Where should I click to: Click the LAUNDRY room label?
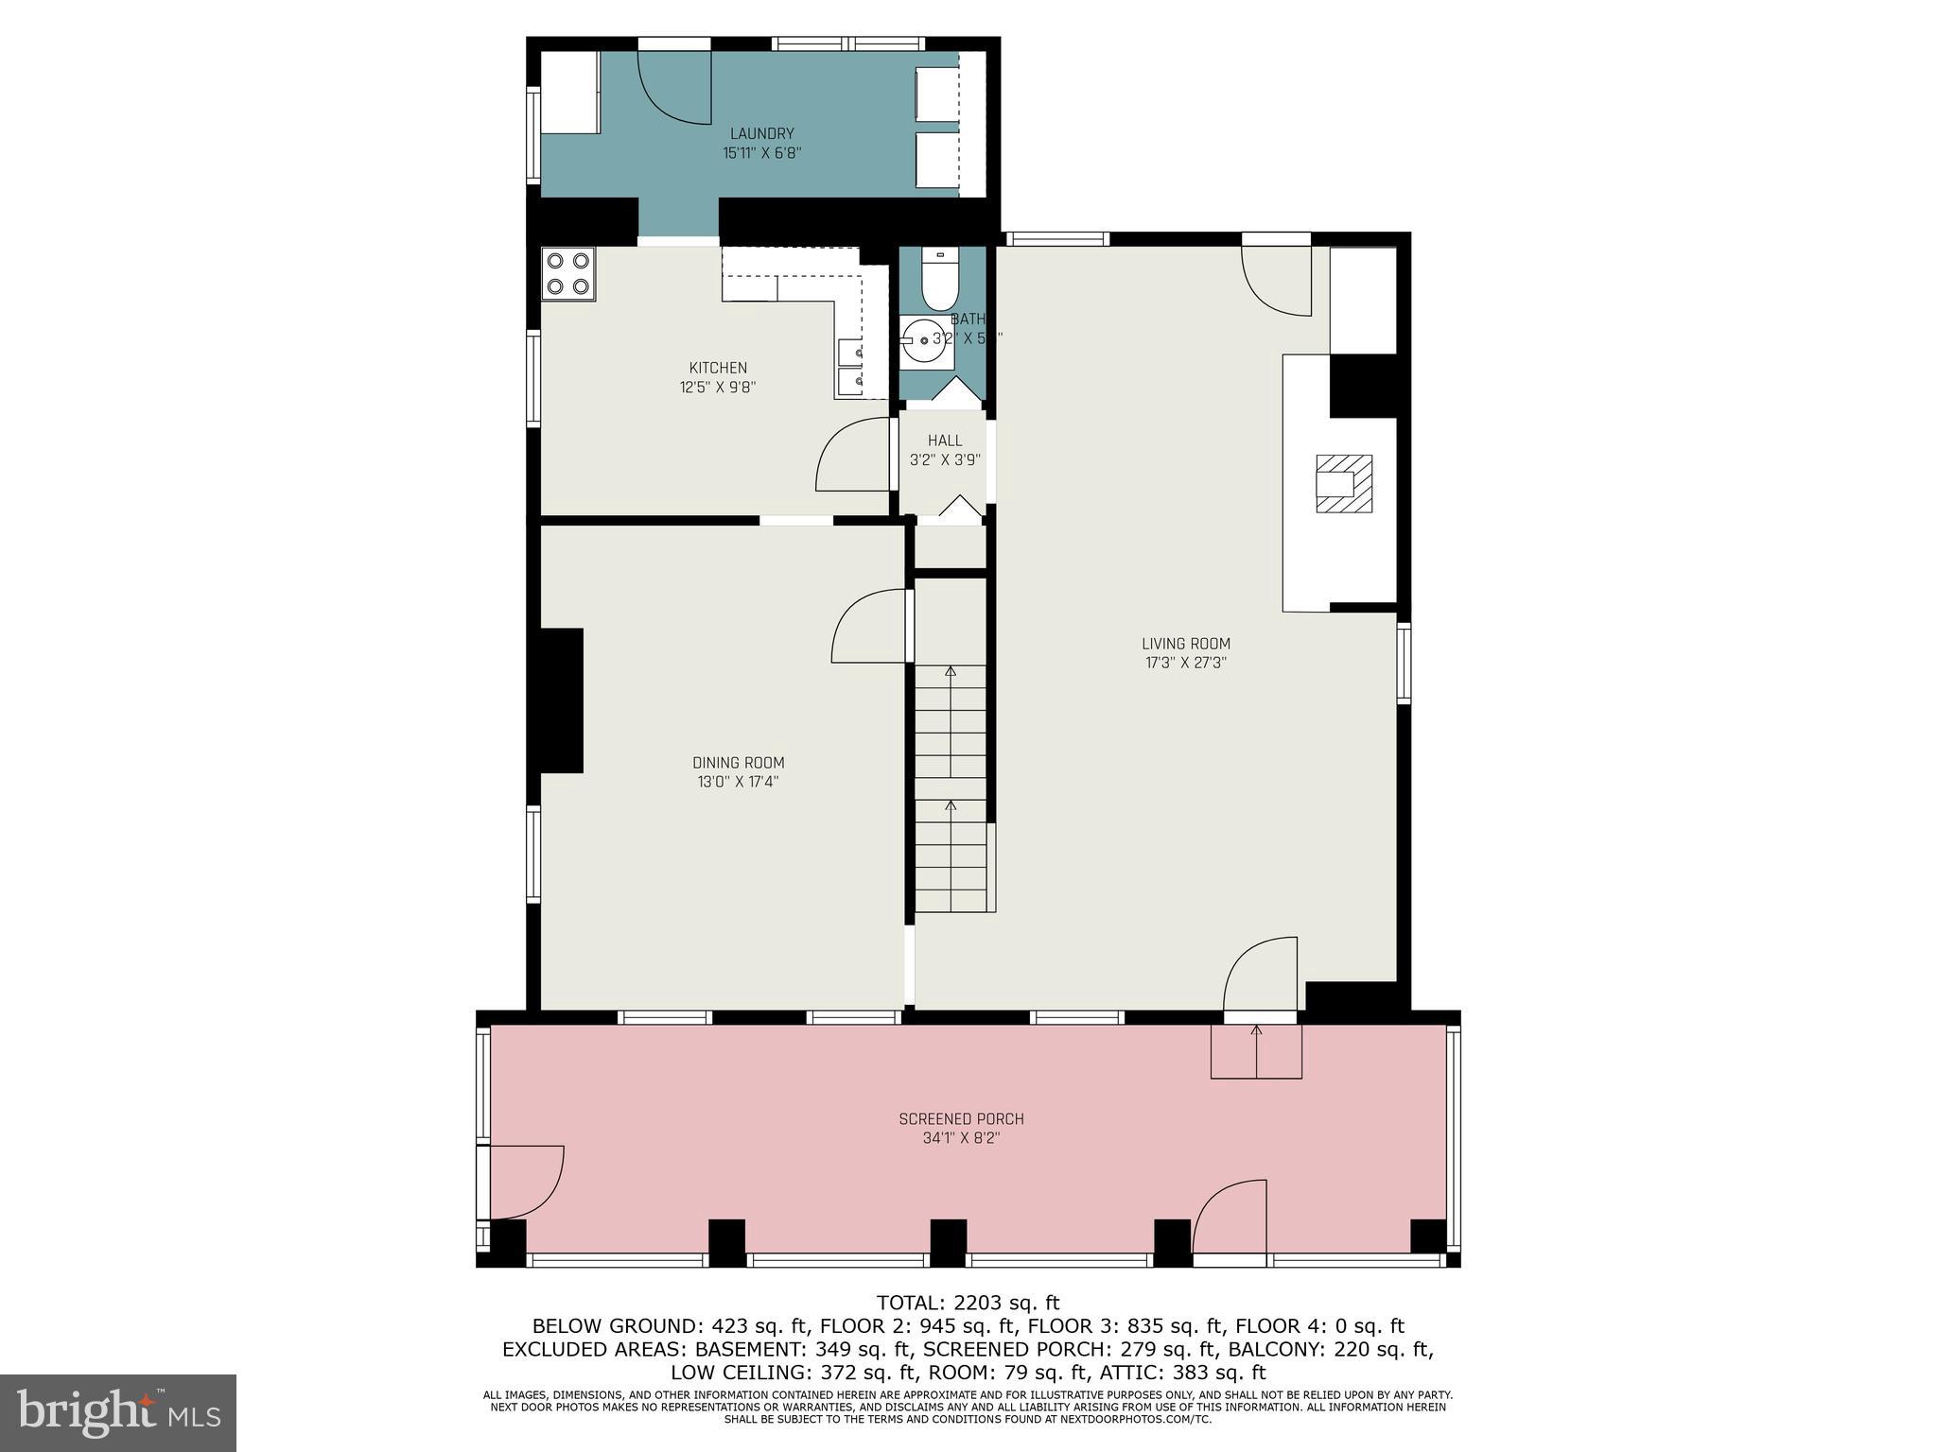click(761, 134)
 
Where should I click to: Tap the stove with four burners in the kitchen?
click(568, 273)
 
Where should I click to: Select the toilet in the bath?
click(939, 282)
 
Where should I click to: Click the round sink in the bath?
click(924, 340)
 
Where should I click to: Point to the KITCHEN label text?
click(718, 368)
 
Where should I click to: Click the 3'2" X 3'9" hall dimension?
click(945, 460)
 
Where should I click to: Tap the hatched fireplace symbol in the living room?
click(1344, 483)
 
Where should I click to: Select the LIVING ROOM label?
click(1185, 645)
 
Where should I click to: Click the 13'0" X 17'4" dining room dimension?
click(738, 782)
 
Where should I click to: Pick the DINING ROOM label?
click(738, 763)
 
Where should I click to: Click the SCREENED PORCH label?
click(961, 1119)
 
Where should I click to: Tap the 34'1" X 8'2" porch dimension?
click(961, 1138)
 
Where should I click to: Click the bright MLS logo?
click(118, 1413)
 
